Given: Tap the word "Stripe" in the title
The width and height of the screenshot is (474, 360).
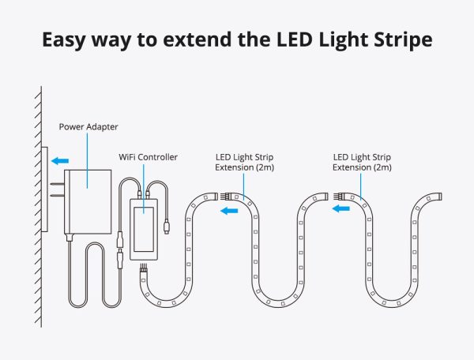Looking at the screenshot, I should (x=401, y=39).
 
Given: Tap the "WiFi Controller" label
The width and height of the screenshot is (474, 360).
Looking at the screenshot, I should (x=148, y=157).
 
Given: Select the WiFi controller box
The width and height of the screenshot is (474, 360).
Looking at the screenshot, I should (x=147, y=225).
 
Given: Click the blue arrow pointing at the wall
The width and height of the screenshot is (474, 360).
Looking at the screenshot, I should (x=58, y=161).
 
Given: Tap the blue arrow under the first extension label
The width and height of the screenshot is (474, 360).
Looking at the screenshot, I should (x=229, y=210).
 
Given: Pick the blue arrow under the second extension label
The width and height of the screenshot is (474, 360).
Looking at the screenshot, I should (x=342, y=209).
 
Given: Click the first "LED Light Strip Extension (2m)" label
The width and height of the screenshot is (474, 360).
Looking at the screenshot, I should (x=245, y=162).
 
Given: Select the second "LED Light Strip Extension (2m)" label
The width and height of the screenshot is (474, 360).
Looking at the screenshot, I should (x=362, y=162).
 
